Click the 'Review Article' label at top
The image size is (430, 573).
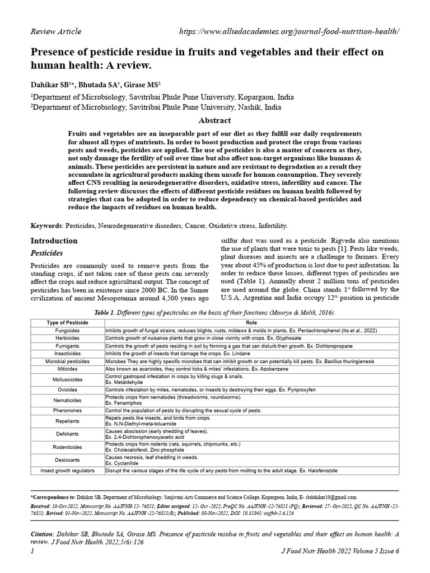[55, 31]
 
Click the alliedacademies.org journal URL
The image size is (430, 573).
[289, 31]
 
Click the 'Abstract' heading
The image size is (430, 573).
[214, 120]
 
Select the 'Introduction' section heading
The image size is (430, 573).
[54, 241]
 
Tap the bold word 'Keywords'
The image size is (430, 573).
[46, 226]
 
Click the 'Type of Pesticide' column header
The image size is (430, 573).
[67, 323]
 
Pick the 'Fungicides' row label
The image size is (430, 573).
[67, 331]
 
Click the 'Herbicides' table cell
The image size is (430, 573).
[67, 339]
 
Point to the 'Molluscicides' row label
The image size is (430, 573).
[67, 379]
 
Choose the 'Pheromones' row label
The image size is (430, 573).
[67, 410]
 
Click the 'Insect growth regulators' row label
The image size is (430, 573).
[67, 471]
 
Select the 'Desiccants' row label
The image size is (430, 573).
[67, 460]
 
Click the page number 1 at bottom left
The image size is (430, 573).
[32, 551]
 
